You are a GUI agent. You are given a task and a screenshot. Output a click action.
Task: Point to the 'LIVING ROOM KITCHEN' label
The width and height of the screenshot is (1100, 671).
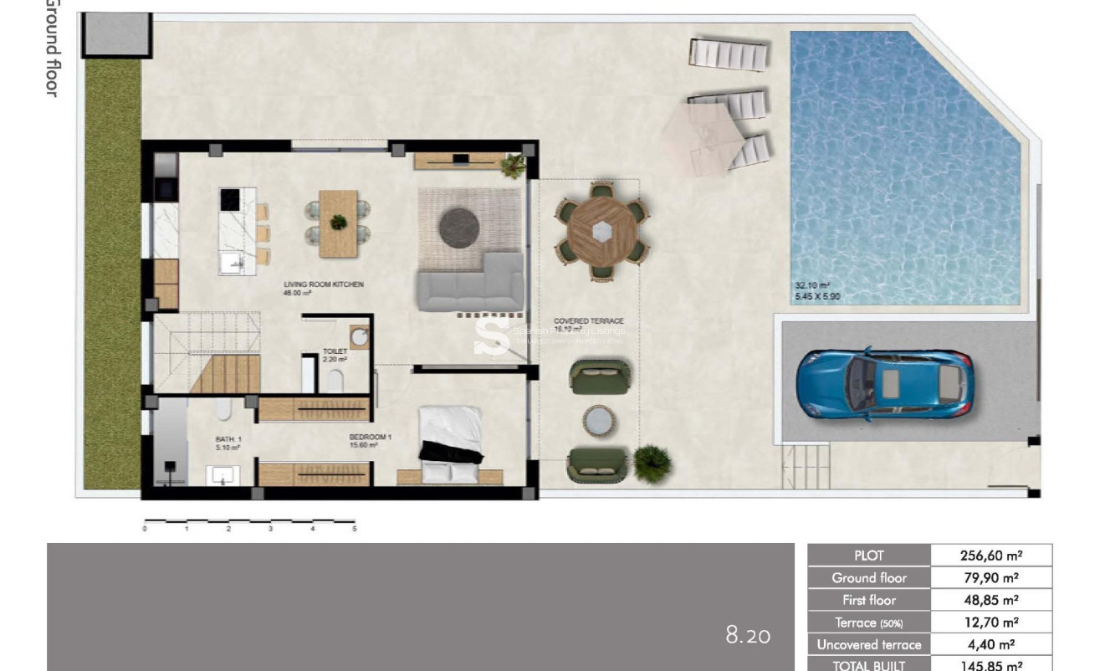324,284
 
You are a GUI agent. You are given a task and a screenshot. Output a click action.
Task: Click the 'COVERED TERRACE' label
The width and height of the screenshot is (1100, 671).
588,320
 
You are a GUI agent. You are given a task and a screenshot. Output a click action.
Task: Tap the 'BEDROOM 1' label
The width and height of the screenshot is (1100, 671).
370,437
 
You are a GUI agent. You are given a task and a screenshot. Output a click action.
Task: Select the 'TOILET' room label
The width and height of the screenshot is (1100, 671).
335,352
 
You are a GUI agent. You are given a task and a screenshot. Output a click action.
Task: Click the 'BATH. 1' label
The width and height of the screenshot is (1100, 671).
228,438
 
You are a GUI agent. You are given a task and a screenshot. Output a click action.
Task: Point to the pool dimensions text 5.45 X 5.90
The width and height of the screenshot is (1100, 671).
817,296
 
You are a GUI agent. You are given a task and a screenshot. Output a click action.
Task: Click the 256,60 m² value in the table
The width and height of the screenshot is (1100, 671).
990,556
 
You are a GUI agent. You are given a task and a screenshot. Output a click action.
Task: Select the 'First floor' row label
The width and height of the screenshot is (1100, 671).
868,600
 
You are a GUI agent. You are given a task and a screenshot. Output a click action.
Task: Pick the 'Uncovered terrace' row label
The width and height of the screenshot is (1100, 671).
868,645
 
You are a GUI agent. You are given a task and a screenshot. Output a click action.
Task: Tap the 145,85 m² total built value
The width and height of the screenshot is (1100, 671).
990,666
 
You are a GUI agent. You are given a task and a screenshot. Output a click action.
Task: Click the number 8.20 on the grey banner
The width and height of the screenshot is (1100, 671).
747,636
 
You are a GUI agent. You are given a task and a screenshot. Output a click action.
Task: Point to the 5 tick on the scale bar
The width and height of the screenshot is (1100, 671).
354,529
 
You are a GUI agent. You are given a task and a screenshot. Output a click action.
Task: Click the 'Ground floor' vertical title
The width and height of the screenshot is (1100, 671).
52,49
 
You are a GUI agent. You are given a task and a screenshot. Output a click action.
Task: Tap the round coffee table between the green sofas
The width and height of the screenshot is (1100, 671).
601,421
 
